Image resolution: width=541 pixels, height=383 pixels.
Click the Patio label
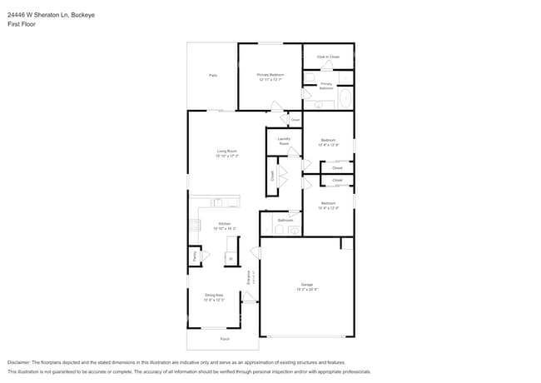pos(213,75)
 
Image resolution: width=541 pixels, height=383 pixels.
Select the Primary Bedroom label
pos(270,75)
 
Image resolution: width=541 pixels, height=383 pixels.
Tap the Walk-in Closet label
pos(328,57)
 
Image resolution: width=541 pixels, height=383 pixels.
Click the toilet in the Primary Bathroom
pos(309,79)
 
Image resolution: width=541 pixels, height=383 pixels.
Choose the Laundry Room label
pos(284,142)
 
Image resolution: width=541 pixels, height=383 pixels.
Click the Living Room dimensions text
pos(226,156)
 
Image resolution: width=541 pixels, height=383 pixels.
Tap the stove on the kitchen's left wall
pos(195,224)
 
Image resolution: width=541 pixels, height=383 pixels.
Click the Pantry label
pos(194,257)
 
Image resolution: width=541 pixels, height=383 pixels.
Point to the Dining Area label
pos(214,295)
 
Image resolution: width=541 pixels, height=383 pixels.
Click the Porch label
pos(224,339)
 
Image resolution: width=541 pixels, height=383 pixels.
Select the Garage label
pos(307,285)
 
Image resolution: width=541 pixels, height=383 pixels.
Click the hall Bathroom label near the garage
pos(284,220)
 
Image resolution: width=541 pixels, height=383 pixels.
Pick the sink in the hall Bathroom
pos(294,230)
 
